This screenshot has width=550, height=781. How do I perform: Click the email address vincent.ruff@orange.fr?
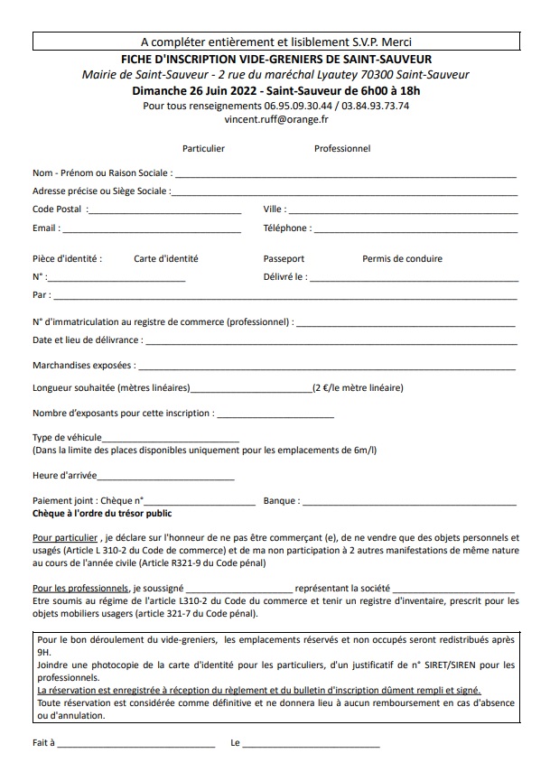275,118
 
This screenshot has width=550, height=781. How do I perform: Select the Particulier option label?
203,148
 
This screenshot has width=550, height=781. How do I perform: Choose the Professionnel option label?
342,148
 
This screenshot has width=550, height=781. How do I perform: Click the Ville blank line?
403,210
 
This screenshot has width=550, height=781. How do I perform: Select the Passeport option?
284,258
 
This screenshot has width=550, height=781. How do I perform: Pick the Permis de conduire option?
402,258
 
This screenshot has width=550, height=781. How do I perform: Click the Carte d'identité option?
166,258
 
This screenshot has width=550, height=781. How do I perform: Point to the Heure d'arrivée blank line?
165,476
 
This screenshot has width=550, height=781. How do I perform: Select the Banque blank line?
409,501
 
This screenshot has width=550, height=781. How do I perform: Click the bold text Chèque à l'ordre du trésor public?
101,513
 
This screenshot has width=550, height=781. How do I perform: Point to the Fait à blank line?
136,745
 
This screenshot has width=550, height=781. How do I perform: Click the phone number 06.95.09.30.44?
295,105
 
